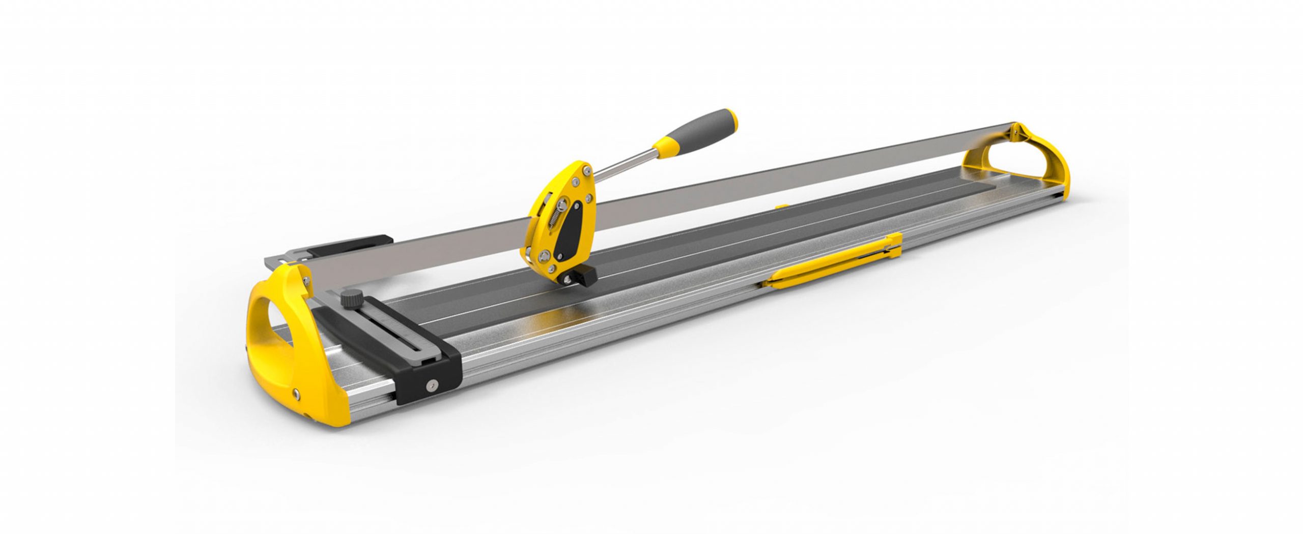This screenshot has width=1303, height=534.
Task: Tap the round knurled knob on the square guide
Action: [350, 311]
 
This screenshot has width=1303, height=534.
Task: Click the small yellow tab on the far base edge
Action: [781, 206]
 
